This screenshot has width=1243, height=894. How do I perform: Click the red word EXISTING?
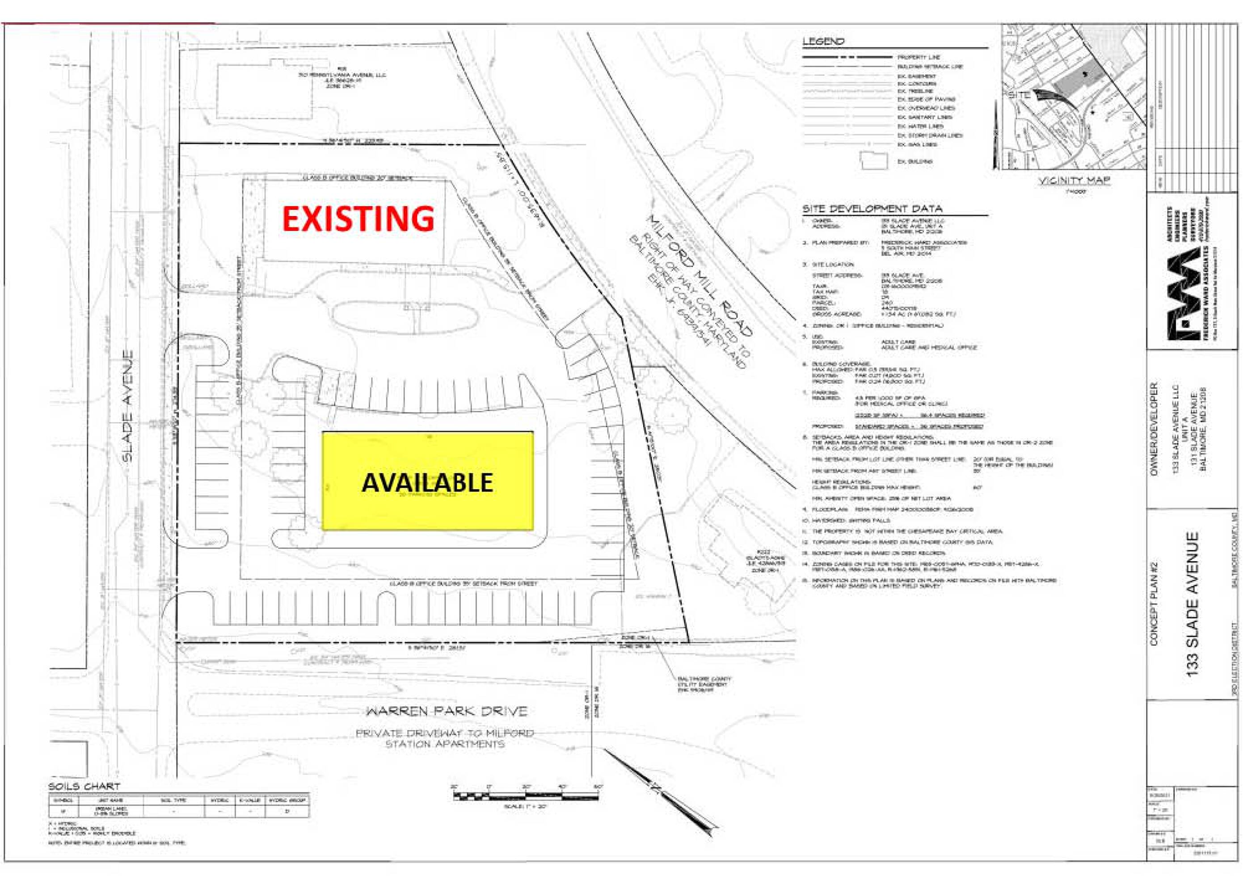(x=358, y=218)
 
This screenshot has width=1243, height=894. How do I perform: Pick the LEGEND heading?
(x=823, y=42)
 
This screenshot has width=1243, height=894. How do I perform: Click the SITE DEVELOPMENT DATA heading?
(x=872, y=209)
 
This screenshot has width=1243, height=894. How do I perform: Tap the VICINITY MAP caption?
(x=1074, y=181)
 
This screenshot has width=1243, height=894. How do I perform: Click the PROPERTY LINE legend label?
(x=919, y=57)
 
